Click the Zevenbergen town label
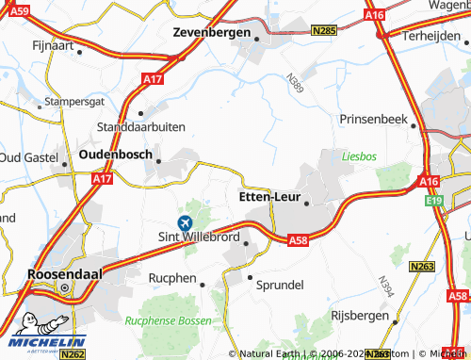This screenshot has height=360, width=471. coord(212,32)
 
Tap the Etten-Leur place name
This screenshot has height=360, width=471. coord(265,199)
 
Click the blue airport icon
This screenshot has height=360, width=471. coord(184,221)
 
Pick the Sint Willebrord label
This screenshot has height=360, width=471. coord(198,237)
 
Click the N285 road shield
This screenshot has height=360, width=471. coord(324,31)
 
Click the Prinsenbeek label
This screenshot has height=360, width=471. coord(378,121)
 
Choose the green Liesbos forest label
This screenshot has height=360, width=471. coord(358,155)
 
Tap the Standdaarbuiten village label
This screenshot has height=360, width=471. coord(141,126)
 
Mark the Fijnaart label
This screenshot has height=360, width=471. coord(51,44)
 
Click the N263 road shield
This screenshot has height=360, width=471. coord(423,268)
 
